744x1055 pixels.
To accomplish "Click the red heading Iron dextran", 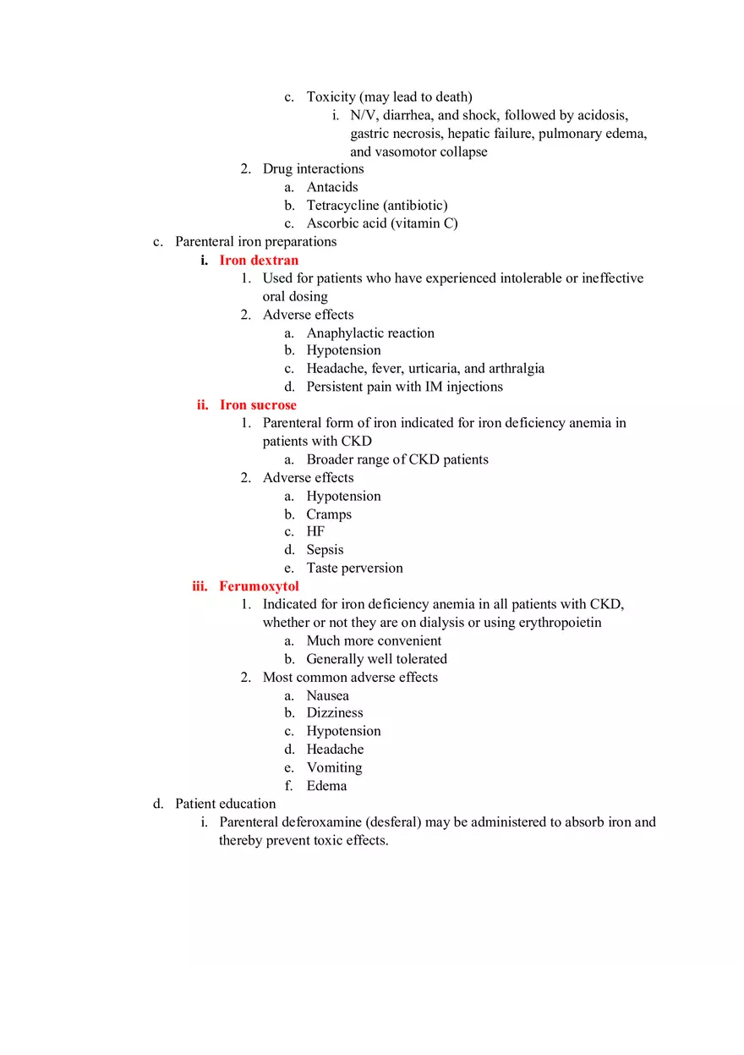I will pos(259,260).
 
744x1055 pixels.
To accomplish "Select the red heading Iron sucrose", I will pos(258,404).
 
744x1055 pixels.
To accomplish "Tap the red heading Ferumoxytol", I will pos(259,585).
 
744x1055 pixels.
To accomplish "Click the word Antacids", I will pos(332,187).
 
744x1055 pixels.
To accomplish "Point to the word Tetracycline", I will pos(342,205).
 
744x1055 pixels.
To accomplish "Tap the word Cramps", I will pos(329,514).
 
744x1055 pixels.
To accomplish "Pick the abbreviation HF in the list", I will pos(315,531).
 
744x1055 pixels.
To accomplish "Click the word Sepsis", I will pos(325,549).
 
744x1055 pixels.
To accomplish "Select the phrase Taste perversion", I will pos(354,568).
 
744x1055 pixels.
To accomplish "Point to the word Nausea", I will pos(327,695).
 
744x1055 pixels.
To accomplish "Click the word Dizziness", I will pos(335,712).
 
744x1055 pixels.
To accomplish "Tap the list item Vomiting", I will pos(334,767).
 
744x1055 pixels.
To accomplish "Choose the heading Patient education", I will pos(226,803).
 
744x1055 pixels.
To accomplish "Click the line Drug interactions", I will pos(313,168).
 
